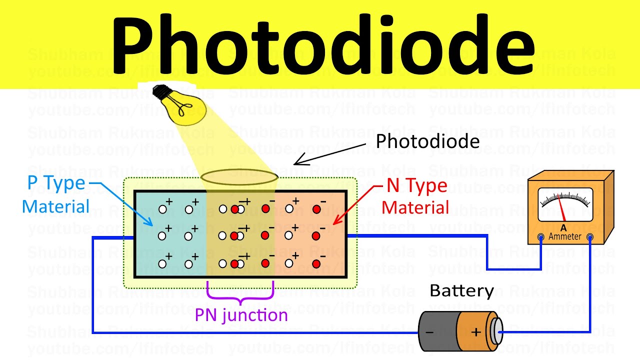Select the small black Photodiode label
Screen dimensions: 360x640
point(427,141)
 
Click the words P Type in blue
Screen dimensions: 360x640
point(56,183)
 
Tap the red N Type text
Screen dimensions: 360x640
point(417,186)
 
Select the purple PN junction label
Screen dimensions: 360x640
point(241,315)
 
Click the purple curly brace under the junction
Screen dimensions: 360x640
point(240,295)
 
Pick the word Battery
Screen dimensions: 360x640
point(461,291)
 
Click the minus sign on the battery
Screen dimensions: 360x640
point(429,331)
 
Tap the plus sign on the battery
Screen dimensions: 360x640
point(475,331)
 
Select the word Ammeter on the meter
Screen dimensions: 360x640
point(565,236)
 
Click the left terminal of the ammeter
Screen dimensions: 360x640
point(540,237)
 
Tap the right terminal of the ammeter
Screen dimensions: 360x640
point(590,237)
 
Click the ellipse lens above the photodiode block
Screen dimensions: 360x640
point(239,177)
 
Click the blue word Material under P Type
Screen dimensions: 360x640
point(55,206)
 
